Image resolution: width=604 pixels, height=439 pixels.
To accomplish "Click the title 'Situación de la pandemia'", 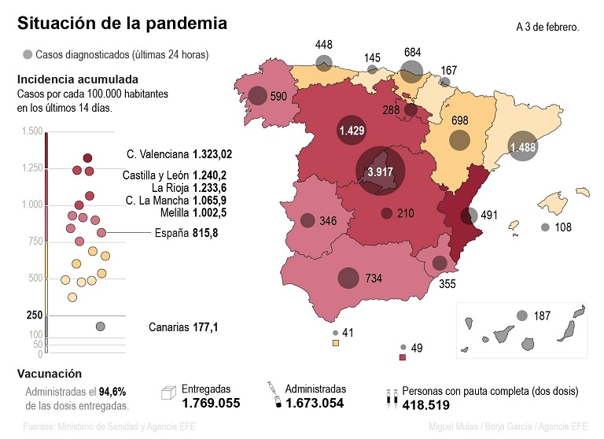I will [123, 24].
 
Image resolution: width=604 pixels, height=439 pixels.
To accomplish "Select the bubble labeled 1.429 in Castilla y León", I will [351, 131].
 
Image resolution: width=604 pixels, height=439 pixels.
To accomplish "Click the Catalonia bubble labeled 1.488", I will [523, 146].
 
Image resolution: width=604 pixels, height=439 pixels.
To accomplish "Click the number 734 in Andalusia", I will [374, 279].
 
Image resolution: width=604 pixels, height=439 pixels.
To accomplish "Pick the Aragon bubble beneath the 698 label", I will [459, 141].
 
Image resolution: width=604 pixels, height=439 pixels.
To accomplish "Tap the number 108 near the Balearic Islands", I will [564, 227].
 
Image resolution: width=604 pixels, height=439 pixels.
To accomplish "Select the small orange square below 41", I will [336, 343].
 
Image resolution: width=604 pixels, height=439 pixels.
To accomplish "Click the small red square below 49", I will [403, 357].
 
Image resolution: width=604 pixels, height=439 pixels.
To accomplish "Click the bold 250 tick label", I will [34, 315].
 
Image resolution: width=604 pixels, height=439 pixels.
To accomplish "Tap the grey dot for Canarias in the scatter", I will [101, 326].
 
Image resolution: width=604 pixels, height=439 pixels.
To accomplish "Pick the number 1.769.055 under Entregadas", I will [211, 404].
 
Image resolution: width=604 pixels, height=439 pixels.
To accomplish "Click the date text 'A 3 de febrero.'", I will [547, 27].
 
